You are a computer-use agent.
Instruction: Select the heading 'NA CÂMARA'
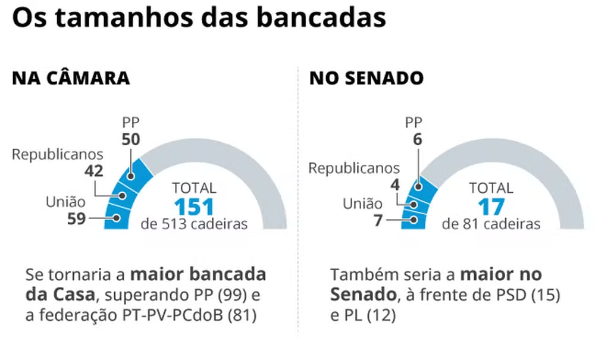[x=71, y=79]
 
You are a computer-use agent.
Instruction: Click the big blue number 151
[x=194, y=207]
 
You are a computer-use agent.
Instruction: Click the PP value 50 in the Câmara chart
[x=130, y=139]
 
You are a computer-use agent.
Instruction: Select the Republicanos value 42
[x=94, y=171]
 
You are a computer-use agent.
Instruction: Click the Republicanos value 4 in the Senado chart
[x=394, y=184]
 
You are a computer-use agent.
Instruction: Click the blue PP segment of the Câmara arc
[x=136, y=173]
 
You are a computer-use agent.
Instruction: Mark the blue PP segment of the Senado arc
[x=424, y=182]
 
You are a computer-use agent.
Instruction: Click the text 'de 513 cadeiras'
[x=194, y=224]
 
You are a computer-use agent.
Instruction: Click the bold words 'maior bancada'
[x=198, y=275]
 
